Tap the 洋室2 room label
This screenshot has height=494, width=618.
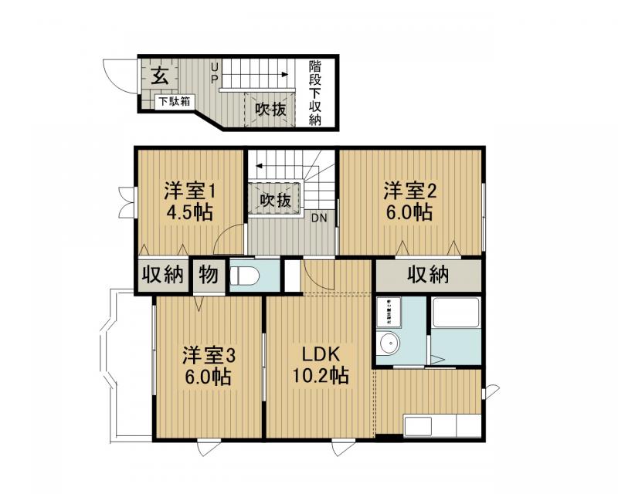coord(411,190)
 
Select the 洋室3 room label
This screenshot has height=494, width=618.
coord(208,356)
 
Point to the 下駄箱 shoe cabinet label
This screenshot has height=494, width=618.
coord(175,101)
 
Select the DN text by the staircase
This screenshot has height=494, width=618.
coord(320,218)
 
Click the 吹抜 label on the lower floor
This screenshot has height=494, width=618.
coord(270,110)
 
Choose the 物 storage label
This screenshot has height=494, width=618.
coord(208,274)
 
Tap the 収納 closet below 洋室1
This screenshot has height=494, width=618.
coord(162,274)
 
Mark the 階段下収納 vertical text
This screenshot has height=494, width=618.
coord(315,93)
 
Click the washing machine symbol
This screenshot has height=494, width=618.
coord(389,311)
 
